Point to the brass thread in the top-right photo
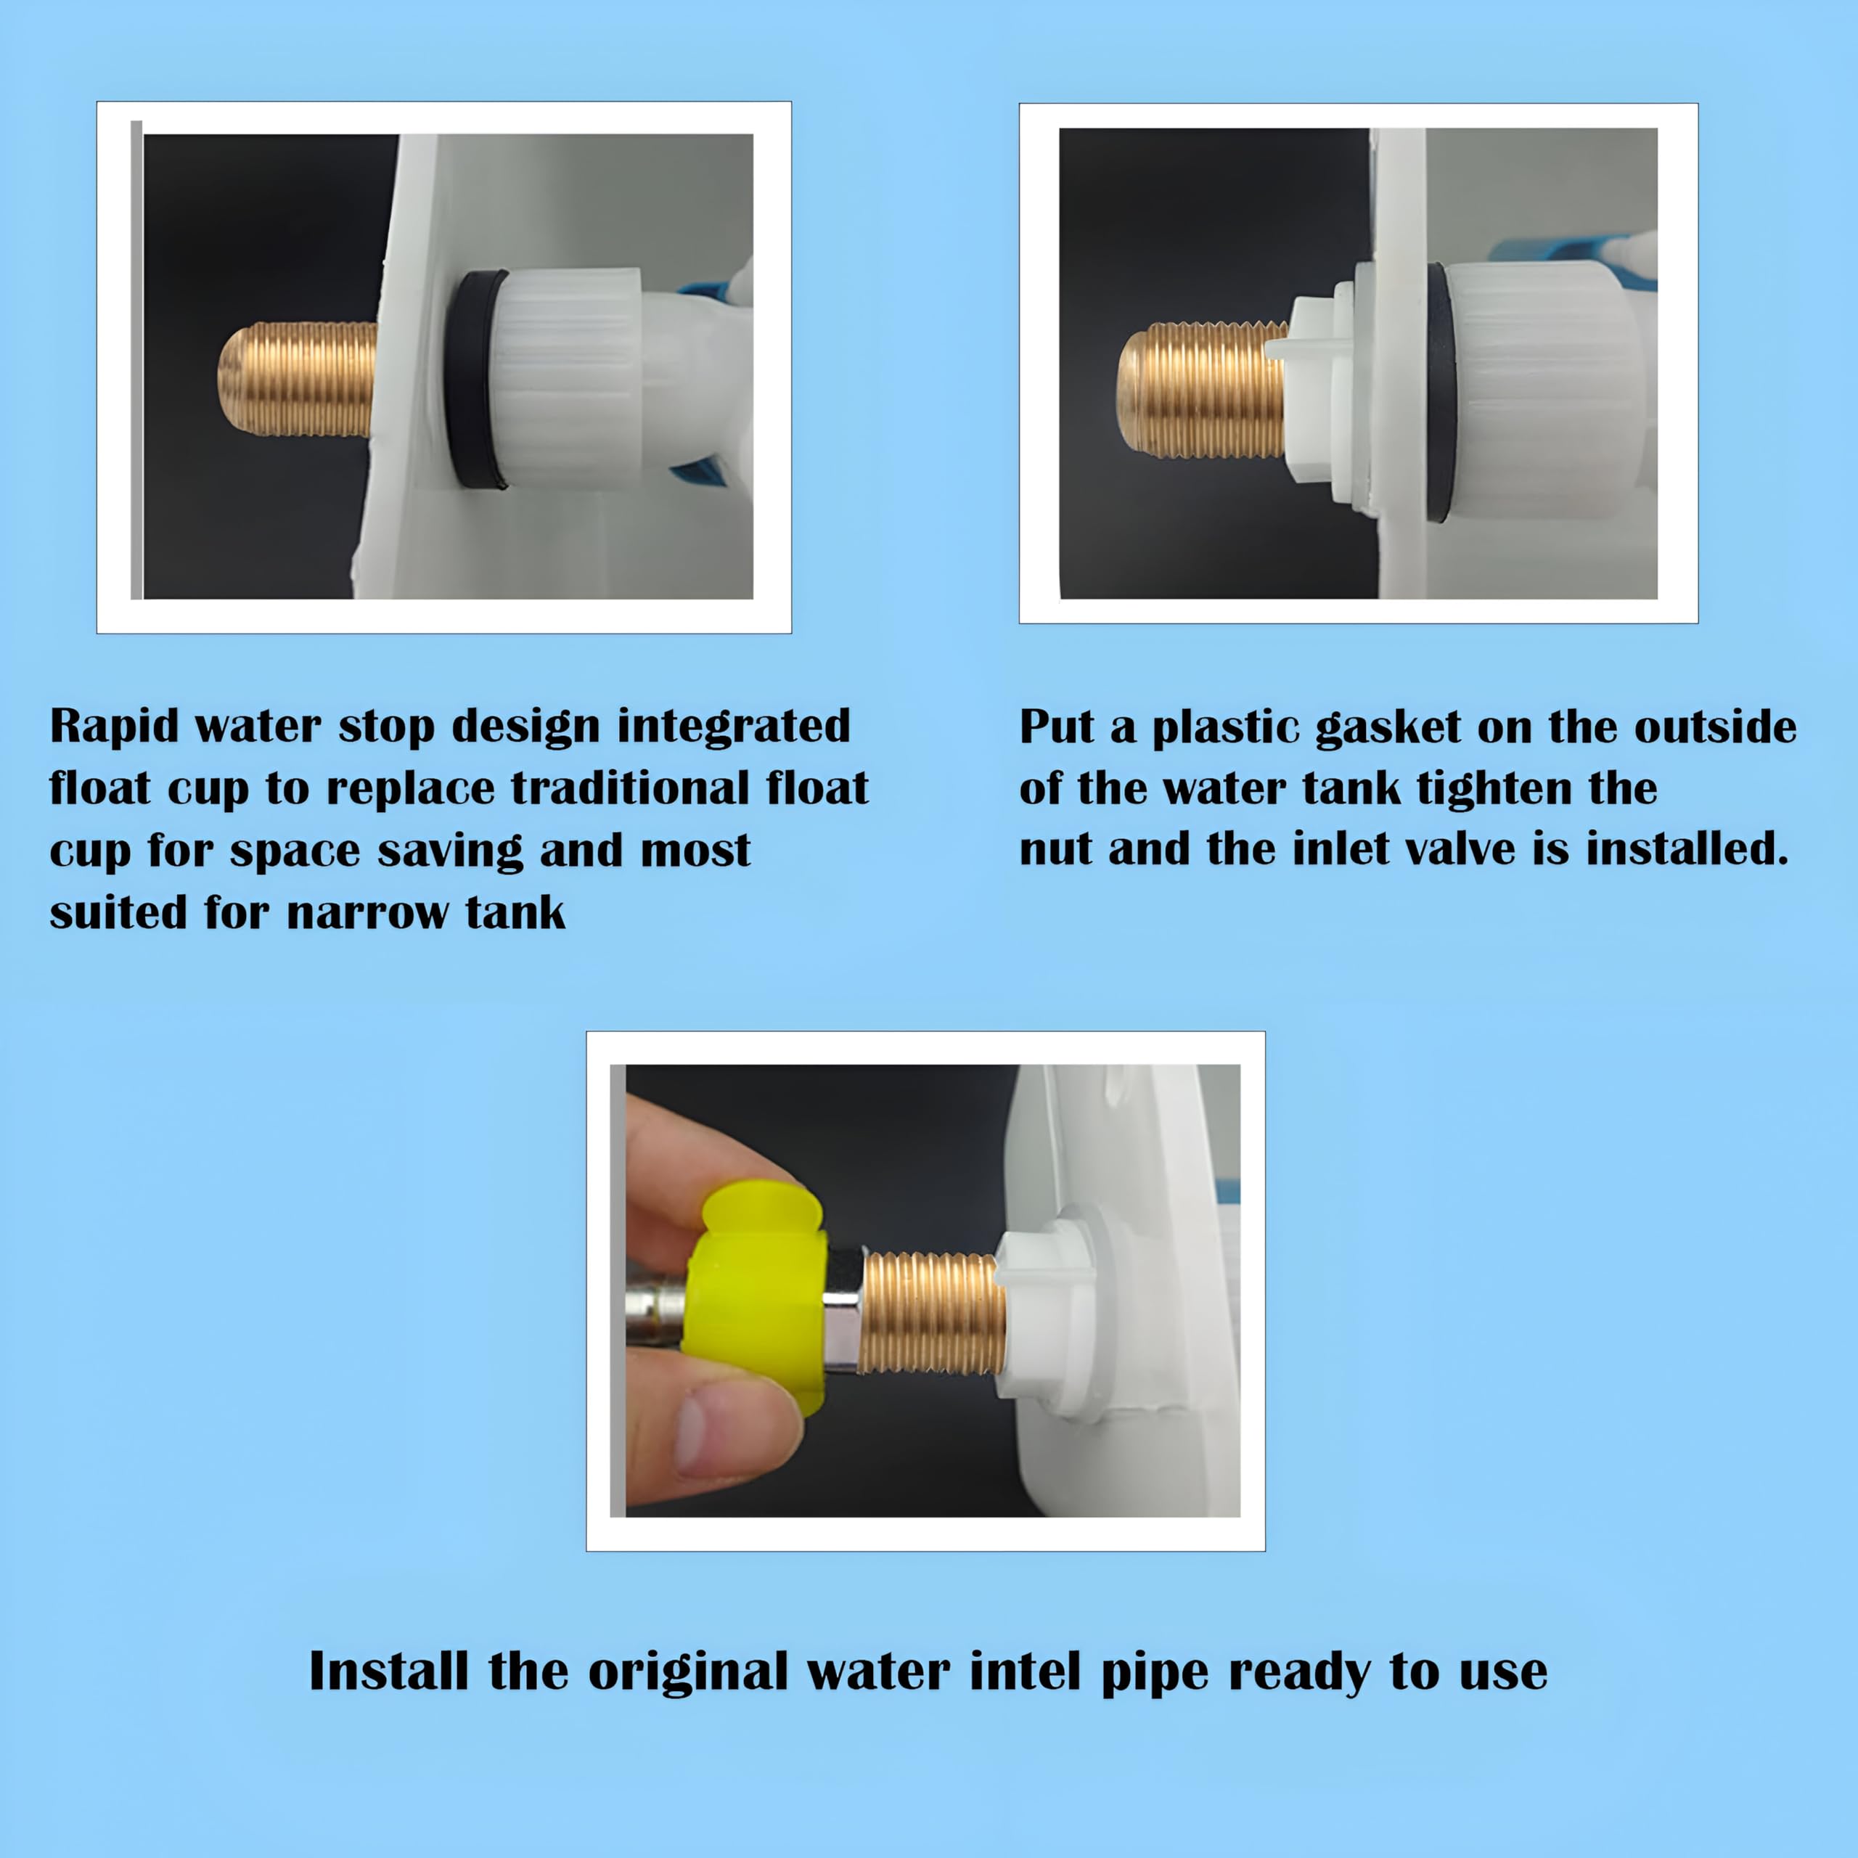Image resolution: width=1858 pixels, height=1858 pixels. point(1202,390)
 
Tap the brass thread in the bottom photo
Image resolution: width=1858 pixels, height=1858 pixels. point(931,1313)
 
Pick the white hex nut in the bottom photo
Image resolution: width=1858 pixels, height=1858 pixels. point(1044,1313)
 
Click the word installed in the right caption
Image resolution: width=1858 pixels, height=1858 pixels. point(1687,849)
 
